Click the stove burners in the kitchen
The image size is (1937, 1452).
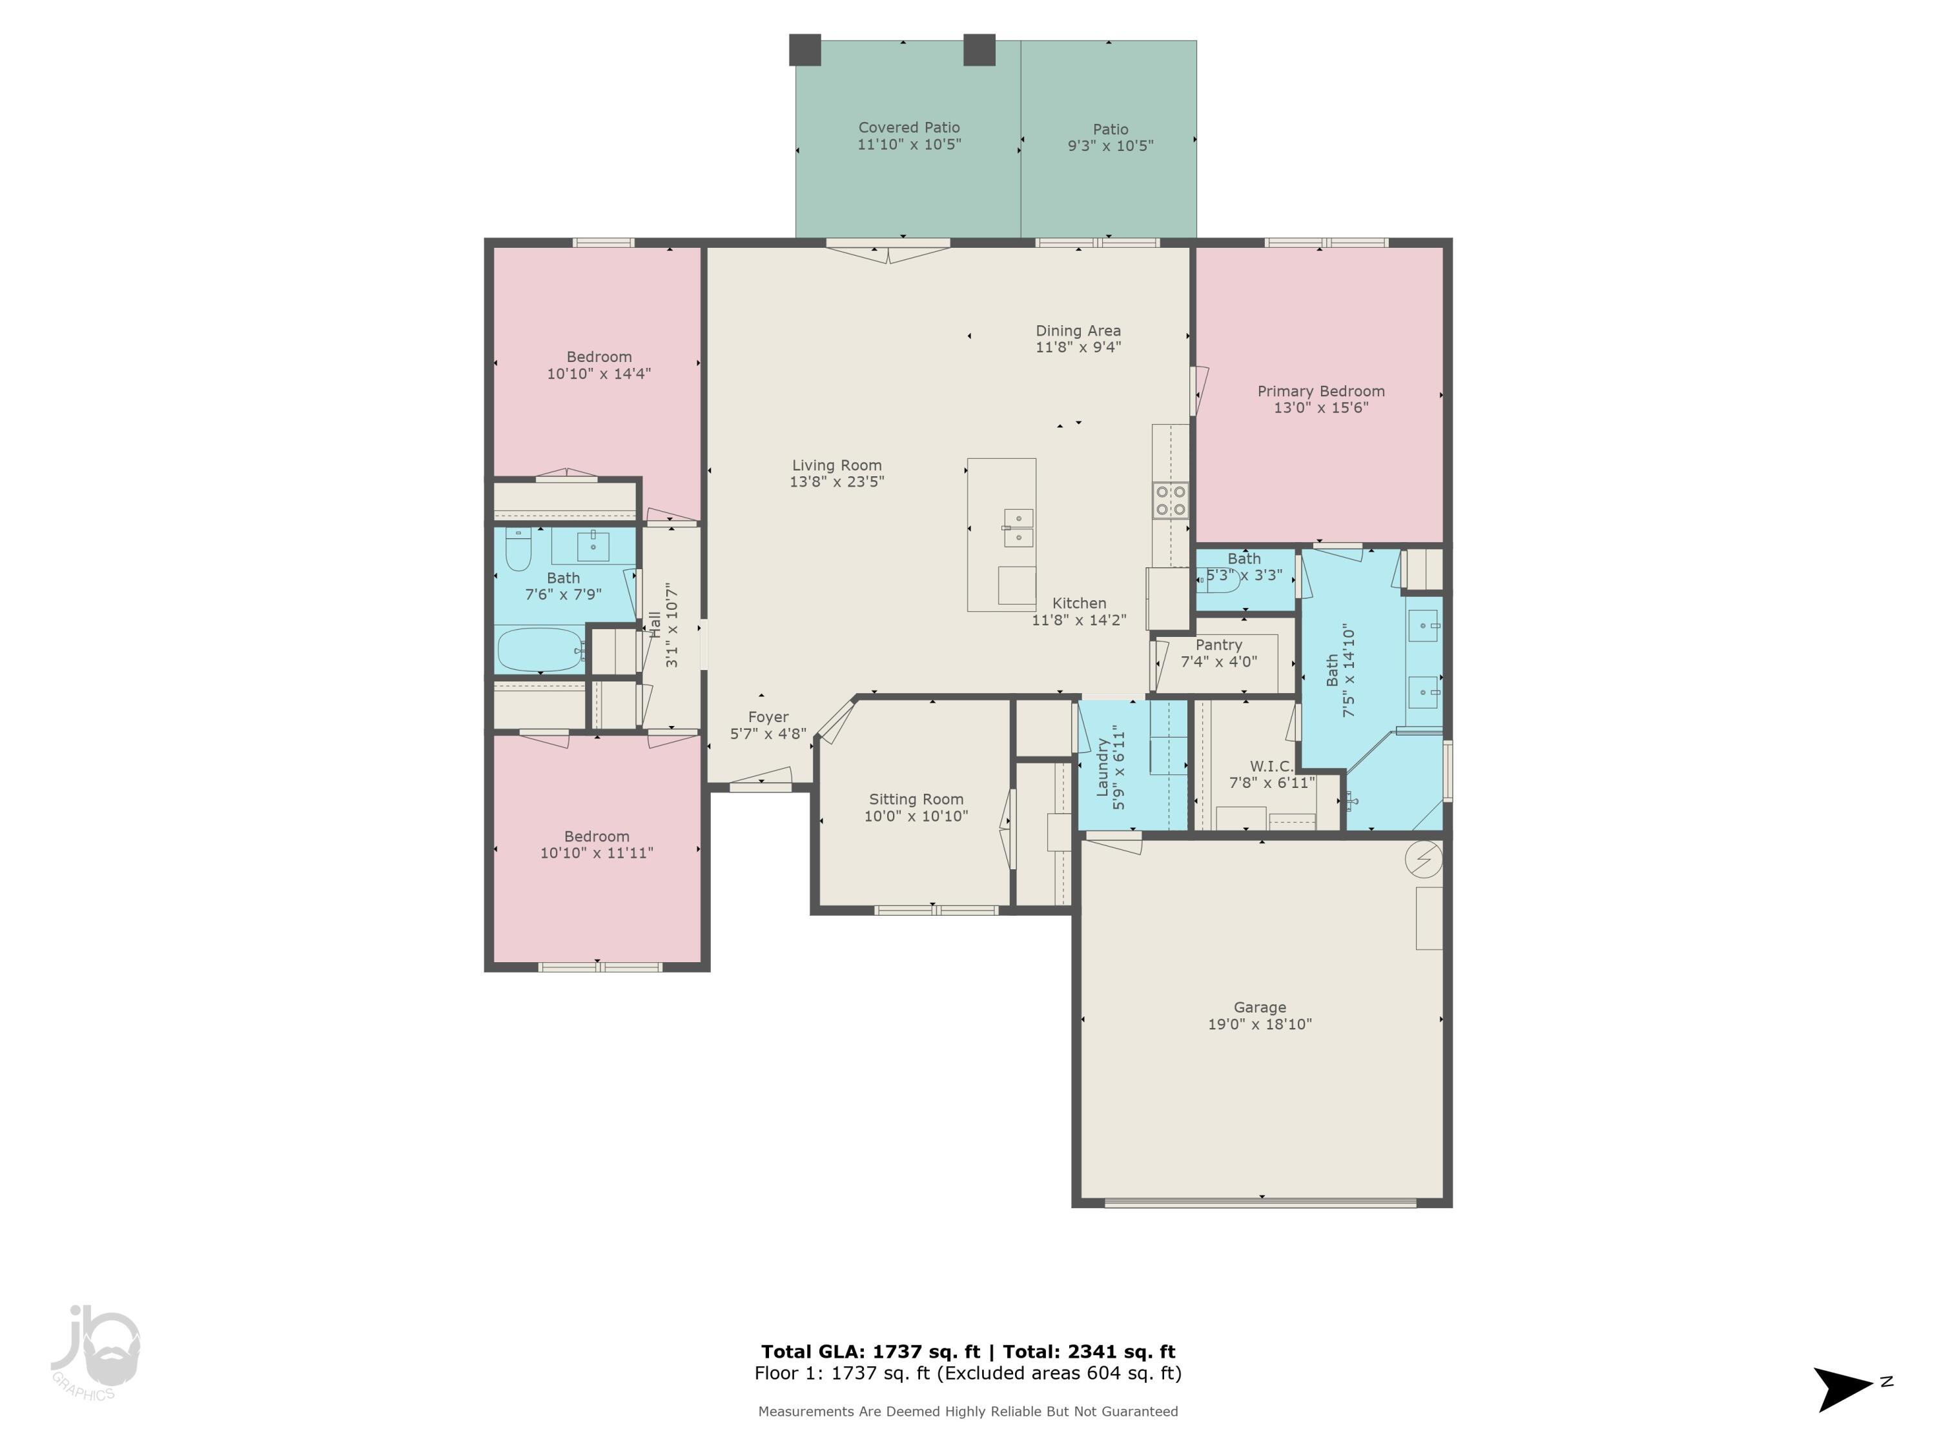point(1171,499)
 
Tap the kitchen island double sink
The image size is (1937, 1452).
point(1018,528)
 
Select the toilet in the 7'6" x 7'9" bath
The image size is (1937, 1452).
point(518,549)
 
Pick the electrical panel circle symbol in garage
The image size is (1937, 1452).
point(1423,860)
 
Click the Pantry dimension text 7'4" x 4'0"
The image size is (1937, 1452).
point(1218,661)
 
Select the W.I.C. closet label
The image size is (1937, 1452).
point(1271,766)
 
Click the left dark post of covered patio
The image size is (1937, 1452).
point(805,50)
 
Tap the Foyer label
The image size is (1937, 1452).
point(768,717)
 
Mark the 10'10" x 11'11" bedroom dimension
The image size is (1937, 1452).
point(597,853)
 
